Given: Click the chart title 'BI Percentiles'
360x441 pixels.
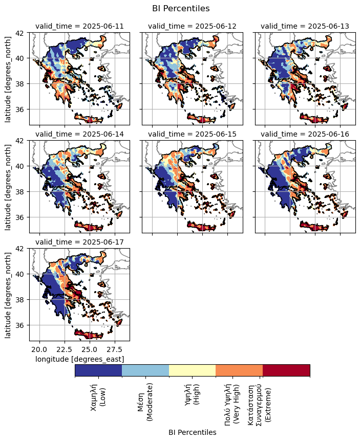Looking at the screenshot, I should (181, 8).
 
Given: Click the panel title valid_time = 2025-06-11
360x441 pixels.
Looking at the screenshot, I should (79, 27).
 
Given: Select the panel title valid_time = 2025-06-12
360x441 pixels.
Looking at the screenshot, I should (192, 27).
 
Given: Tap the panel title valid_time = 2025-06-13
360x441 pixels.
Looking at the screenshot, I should (305, 27).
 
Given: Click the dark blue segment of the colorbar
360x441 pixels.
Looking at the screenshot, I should (98, 370).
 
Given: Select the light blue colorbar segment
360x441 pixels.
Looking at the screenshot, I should (145, 370).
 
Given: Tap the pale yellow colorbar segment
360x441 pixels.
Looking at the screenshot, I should (192, 370).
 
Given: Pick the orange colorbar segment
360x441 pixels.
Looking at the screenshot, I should (239, 370).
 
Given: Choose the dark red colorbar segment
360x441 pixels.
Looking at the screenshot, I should (286, 370).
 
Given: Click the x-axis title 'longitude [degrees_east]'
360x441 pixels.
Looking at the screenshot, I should (79, 359).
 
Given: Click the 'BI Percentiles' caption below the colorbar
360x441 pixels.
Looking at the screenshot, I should (192, 432).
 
